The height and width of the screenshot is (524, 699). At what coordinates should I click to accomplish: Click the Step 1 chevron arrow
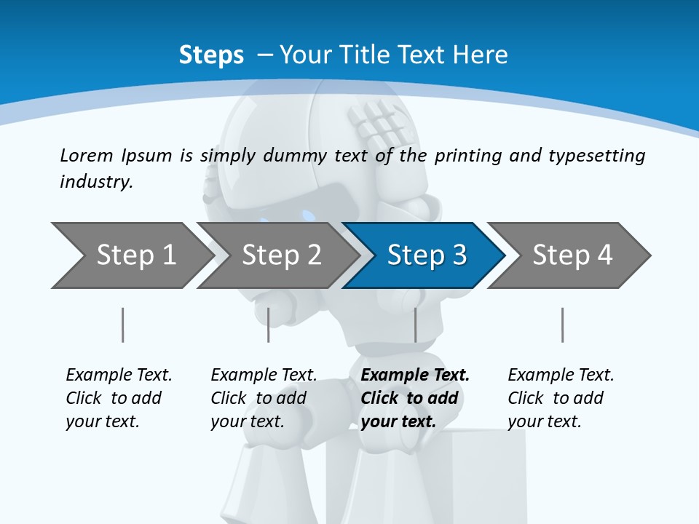[131, 255]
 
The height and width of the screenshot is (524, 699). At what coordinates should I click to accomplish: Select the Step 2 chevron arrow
[277, 255]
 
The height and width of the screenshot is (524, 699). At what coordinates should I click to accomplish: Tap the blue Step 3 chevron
[422, 255]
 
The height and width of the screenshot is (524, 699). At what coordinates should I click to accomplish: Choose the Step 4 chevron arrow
[568, 255]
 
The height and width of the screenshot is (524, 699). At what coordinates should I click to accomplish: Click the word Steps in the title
[211, 55]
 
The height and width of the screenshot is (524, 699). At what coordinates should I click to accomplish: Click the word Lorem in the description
[87, 156]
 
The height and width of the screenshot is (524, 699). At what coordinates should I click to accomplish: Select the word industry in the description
[96, 182]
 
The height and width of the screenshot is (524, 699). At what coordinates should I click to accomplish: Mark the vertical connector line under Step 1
[122, 325]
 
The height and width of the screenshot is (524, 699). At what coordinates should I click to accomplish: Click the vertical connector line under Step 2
[269, 325]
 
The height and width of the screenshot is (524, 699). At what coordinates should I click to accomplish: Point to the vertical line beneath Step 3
[415, 325]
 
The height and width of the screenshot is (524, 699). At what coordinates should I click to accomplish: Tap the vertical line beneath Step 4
[562, 325]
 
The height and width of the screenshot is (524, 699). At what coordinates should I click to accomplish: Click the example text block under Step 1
[118, 398]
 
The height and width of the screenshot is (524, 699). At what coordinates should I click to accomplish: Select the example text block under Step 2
[263, 398]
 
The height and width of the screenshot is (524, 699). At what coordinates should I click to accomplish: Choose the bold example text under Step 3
[414, 398]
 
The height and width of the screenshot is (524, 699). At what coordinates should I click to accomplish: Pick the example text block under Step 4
[560, 398]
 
